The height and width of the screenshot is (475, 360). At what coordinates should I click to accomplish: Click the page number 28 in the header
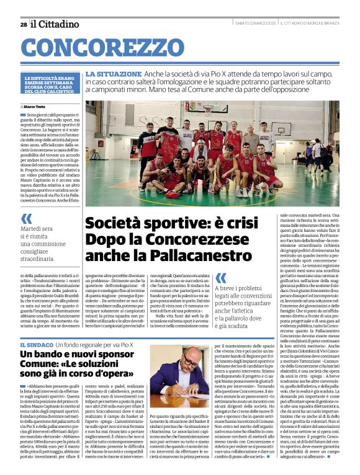pyautogui.click(x=23, y=24)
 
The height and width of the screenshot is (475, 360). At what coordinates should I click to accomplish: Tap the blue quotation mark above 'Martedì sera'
pyautogui.click(x=26, y=218)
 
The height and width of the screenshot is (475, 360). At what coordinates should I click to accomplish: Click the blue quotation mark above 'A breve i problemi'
pyautogui.click(x=220, y=278)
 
